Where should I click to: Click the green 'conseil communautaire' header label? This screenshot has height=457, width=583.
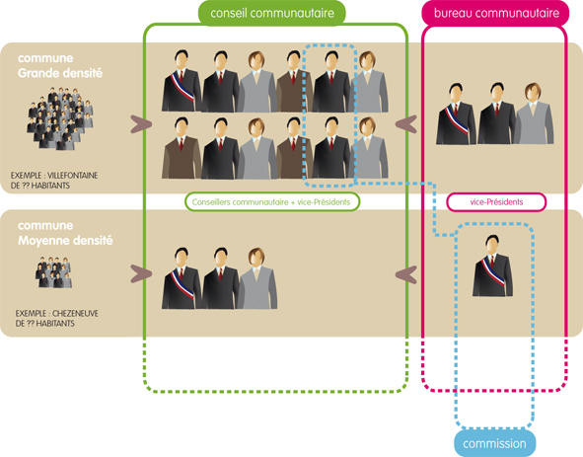coord(272,13)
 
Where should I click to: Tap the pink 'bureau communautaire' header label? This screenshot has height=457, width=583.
coord(496,13)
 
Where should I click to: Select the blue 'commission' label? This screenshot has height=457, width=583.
coord(494,443)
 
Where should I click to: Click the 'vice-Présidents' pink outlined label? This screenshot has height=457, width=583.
coord(496,202)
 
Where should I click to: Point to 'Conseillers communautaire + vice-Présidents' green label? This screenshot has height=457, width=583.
coord(272,202)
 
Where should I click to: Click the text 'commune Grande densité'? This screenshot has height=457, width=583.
coord(60,65)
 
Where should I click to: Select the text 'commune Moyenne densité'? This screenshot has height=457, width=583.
coord(65,233)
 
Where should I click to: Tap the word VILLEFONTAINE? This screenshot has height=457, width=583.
coord(72,176)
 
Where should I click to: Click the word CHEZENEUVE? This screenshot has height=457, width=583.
coord(75,313)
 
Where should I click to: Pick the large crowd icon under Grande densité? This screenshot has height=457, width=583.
coord(60,118)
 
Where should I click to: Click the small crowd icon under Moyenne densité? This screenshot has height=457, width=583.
coord(54,271)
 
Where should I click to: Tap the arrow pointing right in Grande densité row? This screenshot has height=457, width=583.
coord(141,124)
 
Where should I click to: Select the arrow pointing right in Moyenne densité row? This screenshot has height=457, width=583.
coord(141,273)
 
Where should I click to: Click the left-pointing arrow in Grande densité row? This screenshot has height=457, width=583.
coord(406,124)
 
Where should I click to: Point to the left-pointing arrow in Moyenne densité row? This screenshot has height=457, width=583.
coord(406,275)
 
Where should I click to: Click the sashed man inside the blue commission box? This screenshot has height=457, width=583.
coord(492,266)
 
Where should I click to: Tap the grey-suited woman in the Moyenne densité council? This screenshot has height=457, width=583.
coord(257,278)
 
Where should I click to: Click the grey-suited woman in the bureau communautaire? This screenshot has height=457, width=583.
coord(534,114)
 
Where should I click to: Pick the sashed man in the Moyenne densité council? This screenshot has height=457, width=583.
coord(182,278)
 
